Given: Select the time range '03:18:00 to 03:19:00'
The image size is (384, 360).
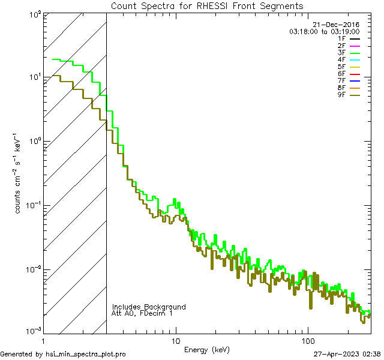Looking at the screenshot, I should (x=324, y=31).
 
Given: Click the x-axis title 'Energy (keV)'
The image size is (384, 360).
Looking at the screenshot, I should (x=207, y=349).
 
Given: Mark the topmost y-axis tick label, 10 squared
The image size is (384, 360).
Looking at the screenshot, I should (x=35, y=13).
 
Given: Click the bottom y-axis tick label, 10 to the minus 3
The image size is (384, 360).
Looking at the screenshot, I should (x=34, y=331).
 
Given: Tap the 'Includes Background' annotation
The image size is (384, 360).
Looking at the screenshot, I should (x=149, y=307).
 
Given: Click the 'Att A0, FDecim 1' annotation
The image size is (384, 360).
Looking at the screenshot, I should (x=142, y=314).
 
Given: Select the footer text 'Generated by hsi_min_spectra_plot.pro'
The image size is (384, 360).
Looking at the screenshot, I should (x=63, y=354).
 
